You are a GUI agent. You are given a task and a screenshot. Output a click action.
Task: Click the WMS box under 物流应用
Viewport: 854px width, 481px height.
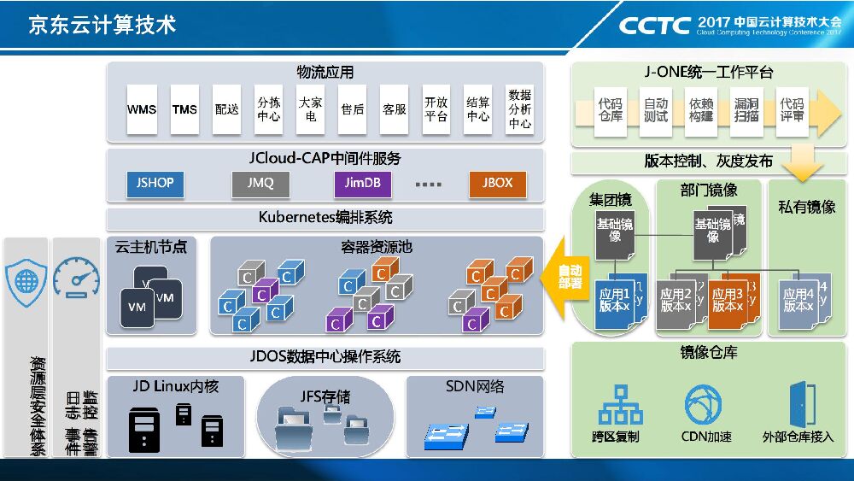142,109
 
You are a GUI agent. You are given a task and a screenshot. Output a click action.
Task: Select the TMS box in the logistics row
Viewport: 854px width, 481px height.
184,109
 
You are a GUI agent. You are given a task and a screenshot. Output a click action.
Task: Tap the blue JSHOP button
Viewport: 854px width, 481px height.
155,183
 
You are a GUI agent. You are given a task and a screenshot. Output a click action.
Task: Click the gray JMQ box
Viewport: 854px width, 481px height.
260,183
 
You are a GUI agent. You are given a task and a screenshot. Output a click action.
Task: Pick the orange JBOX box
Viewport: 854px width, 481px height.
497,183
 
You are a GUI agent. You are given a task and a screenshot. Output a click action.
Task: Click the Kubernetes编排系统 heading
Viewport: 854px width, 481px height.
325,217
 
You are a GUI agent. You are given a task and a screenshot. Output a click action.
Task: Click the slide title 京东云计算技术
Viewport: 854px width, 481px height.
102,25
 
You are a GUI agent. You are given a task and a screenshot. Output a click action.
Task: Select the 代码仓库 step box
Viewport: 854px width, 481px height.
611,109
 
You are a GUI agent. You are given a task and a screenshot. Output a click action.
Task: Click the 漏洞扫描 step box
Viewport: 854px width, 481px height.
746,109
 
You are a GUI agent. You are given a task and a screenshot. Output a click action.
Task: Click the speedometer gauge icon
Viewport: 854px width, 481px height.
76,278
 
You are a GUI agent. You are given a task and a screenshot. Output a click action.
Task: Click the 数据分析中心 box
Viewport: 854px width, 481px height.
520,109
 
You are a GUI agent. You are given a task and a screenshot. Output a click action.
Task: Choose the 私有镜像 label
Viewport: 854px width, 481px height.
806,207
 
